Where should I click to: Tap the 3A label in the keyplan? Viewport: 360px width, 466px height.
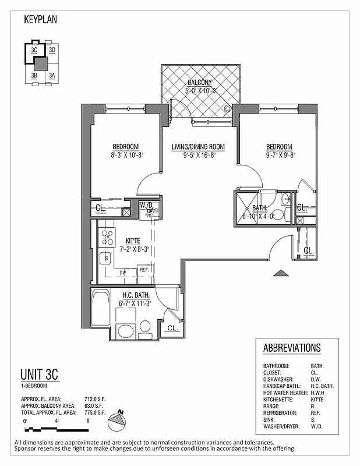[x=52, y=75]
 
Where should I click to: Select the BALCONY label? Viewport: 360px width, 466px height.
[x=199, y=83]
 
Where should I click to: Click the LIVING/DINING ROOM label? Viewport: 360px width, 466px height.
[x=198, y=146]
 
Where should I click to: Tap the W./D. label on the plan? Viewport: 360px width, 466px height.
[x=145, y=204]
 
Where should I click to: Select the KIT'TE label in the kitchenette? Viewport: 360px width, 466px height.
[x=133, y=241]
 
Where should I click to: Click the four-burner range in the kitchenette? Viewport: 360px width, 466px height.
[x=108, y=236]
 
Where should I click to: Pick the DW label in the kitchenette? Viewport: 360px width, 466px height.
[x=122, y=272]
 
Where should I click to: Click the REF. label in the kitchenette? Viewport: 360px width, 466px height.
[x=143, y=270]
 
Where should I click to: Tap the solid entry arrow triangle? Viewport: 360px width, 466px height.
[x=281, y=272]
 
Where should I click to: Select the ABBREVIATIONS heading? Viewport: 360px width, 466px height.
[x=292, y=348]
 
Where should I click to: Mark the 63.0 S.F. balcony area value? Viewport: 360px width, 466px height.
[x=94, y=405]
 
